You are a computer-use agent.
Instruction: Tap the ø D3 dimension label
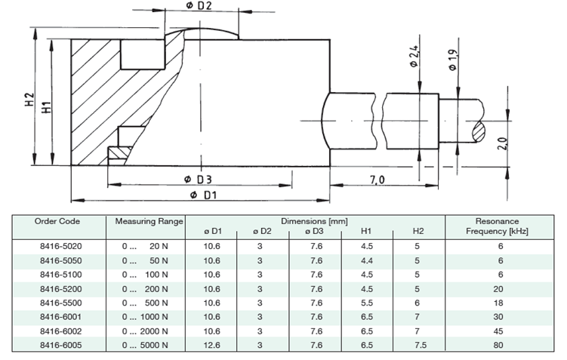click(199, 180)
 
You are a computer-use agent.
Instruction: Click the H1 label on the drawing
click(47, 107)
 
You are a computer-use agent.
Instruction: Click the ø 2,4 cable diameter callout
click(414, 58)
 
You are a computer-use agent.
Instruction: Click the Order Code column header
click(58, 221)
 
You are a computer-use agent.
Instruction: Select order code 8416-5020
click(58, 246)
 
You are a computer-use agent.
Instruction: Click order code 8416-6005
click(58, 345)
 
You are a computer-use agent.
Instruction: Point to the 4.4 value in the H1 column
click(367, 260)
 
